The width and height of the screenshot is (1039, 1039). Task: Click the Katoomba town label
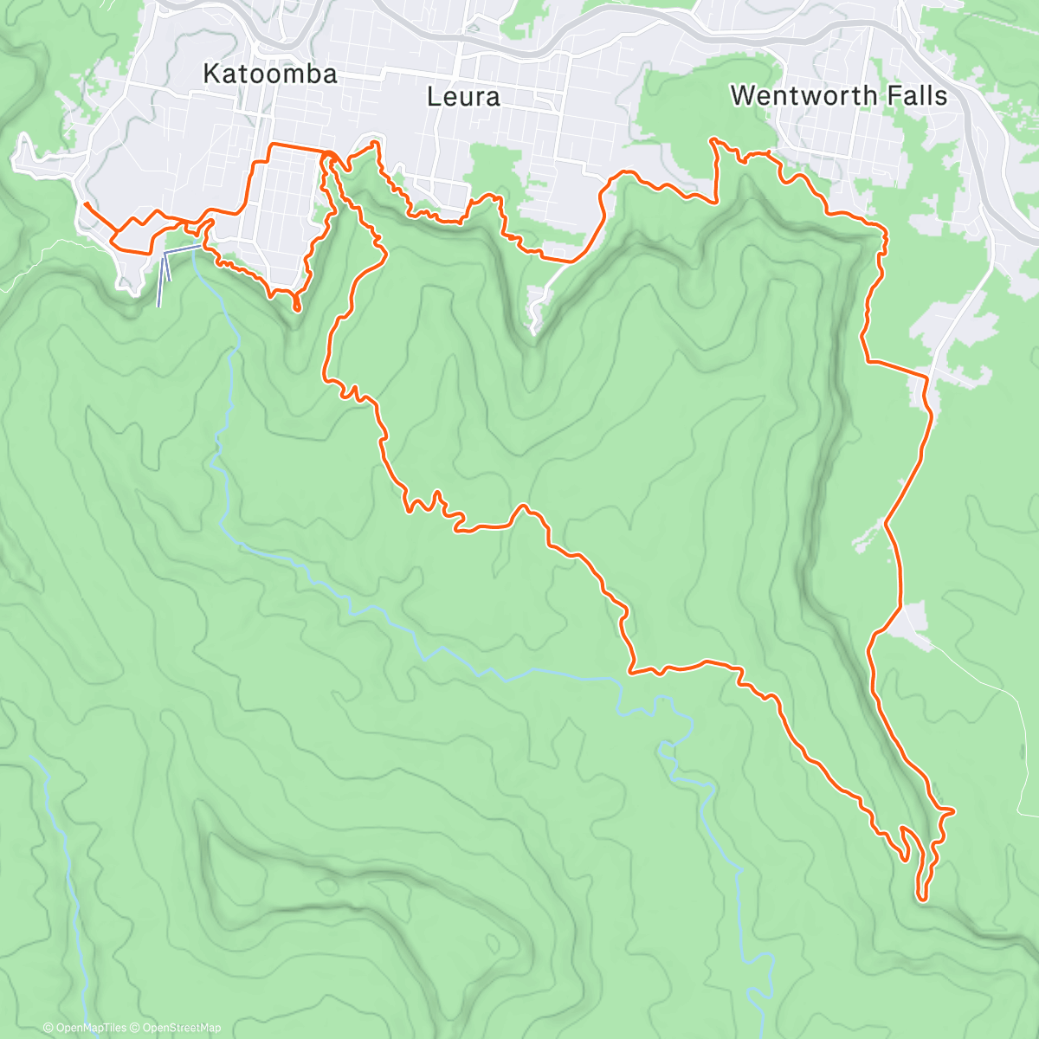[x=269, y=74]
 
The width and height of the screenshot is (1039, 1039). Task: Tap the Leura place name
[x=463, y=97]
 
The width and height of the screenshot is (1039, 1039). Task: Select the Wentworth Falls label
[x=838, y=95]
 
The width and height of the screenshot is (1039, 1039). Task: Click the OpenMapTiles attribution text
[x=90, y=1028]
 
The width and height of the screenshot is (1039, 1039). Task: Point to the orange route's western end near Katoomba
[x=86, y=204]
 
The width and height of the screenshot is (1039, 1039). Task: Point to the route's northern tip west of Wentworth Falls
[x=713, y=139]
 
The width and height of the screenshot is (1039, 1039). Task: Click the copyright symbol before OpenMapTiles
[x=48, y=1028]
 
